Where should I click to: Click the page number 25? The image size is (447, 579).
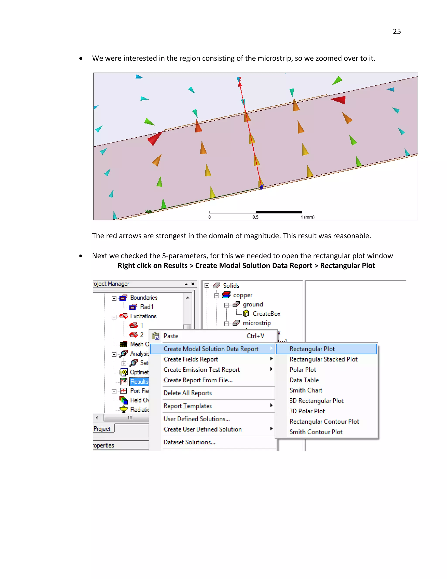[397, 31]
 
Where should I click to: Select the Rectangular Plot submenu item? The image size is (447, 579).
[312, 349]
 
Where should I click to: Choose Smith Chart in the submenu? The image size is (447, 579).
[306, 390]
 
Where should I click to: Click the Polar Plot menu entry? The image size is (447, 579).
[303, 369]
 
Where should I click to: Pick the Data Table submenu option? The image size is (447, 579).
[304, 380]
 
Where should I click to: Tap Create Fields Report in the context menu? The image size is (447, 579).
[191, 359]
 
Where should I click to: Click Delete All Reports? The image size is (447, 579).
[187, 393]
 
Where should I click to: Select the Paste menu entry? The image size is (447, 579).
[171, 336]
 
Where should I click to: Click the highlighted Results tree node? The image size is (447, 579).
[139, 381]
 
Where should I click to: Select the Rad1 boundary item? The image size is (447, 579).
[146, 307]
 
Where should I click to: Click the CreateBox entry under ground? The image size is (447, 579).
[266, 314]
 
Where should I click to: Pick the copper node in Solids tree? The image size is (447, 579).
[242, 295]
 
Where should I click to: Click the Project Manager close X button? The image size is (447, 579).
[193, 284]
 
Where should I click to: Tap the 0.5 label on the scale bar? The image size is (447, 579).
[255, 217]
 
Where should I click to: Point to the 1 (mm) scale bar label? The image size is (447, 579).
[308, 217]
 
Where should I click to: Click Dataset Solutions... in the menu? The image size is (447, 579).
[189, 442]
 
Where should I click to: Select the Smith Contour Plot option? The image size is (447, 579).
[316, 432]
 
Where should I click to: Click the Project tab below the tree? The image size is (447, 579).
[102, 429]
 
